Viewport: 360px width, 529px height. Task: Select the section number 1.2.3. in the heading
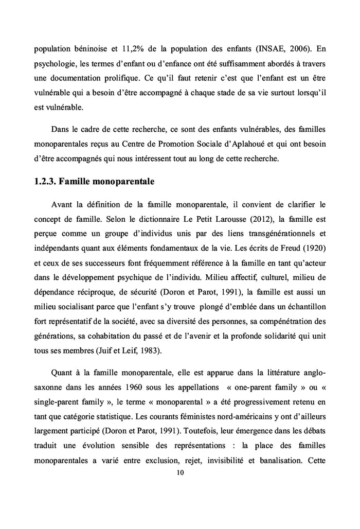coord(45,181)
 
